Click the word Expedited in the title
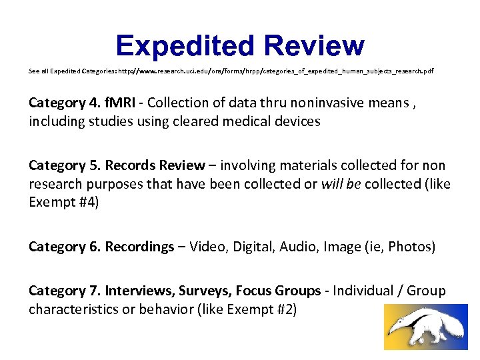click(x=185, y=46)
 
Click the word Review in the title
click(x=314, y=46)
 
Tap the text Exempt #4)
click(x=64, y=203)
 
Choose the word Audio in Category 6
click(x=299, y=247)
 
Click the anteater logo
click(x=426, y=327)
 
